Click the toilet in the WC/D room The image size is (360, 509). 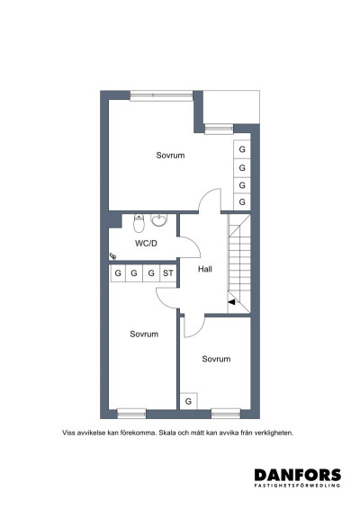click(x=139, y=223)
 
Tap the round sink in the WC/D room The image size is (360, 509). click(x=159, y=219)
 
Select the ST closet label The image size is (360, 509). click(x=168, y=273)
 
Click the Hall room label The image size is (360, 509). click(x=205, y=269)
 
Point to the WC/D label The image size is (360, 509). click(x=146, y=243)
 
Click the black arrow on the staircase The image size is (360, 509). click(x=231, y=302)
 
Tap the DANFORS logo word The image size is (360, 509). click(x=298, y=475)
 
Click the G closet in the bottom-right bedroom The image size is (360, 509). click(x=188, y=401)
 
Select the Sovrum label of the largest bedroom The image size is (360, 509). click(x=170, y=156)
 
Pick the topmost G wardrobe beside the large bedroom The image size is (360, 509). click(x=242, y=149)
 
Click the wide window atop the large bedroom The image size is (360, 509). click(x=161, y=95)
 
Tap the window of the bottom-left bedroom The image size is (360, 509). click(x=131, y=414)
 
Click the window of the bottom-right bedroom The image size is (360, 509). click(x=226, y=414)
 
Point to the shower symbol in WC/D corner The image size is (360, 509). click(x=112, y=256)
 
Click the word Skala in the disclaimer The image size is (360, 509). click(x=166, y=433)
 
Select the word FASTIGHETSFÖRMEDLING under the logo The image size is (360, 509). click(x=298, y=486)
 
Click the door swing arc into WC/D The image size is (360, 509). click(x=194, y=246)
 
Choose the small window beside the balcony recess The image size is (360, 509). click(x=219, y=129)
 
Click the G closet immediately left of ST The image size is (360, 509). click(x=151, y=273)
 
